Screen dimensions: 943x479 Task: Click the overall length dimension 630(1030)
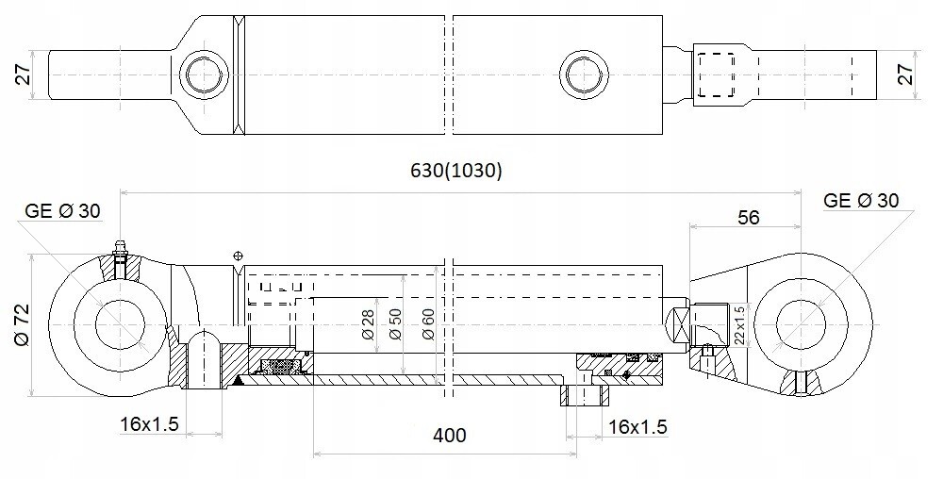pos(455,172)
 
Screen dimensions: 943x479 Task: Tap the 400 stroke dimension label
pos(449,435)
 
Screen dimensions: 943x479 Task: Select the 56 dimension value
pos(748,217)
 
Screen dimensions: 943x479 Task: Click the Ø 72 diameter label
pos(23,325)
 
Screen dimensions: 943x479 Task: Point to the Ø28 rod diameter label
pos(368,324)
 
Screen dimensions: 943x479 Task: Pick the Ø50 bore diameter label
pos(395,324)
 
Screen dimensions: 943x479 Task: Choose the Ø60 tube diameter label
pos(428,324)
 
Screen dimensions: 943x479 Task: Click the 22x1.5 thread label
pos(739,325)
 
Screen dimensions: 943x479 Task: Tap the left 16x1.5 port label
pos(149,424)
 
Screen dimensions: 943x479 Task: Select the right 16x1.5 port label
pos(637,427)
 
